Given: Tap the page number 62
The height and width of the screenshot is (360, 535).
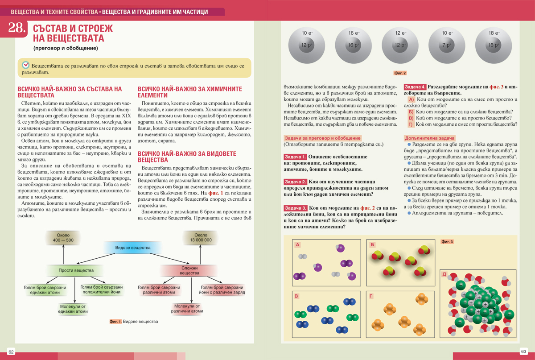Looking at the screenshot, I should pyautogui.click(x=12, y=352).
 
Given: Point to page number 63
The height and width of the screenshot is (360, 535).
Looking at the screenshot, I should pyautogui.click(x=523, y=352).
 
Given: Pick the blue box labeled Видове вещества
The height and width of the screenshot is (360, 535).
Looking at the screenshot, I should pyautogui.click(x=133, y=248).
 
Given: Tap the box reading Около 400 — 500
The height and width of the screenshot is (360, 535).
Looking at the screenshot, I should pyautogui.click(x=63, y=238).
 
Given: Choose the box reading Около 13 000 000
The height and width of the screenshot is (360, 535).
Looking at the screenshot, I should pyautogui.click(x=201, y=238).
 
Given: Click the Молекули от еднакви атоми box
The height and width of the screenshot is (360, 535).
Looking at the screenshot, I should pyautogui.click(x=73, y=309).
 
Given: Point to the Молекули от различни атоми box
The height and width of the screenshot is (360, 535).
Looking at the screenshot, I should pyautogui.click(x=187, y=309).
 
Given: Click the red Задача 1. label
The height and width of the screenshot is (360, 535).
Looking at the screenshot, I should pyautogui.click(x=295, y=157).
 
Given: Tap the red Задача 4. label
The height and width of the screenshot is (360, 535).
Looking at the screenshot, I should pyautogui.click(x=415, y=87).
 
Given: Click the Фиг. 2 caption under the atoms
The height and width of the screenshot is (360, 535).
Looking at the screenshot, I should pyautogui.click(x=400, y=73).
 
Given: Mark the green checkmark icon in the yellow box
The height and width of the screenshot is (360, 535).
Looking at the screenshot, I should pyautogui.click(x=26, y=65).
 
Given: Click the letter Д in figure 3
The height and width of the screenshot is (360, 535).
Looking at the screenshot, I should pyautogui.click(x=444, y=274).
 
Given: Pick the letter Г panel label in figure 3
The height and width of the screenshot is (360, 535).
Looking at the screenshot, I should pyautogui.click(x=371, y=296).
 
